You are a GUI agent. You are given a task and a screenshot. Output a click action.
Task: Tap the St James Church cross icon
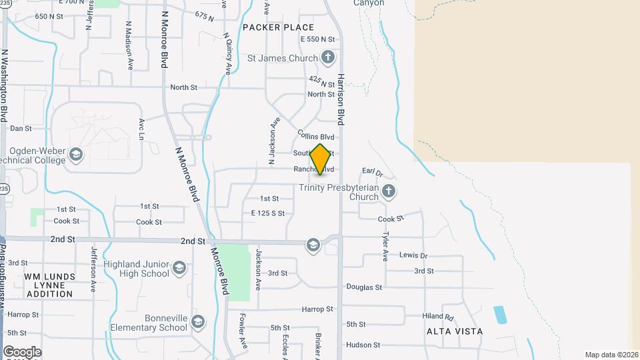point(327,58)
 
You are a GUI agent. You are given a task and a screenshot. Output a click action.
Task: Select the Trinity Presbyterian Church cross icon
point(389,192)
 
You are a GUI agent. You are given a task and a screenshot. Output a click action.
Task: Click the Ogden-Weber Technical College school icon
point(75,155)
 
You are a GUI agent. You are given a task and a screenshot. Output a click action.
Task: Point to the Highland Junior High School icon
point(179,268)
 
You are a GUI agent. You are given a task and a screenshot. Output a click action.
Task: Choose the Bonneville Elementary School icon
point(197,322)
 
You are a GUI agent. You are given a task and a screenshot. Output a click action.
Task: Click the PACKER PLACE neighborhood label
point(278,27)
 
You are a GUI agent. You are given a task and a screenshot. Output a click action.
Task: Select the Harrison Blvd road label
point(340,99)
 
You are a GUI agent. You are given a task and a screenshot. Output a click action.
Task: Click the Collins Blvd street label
point(315,137)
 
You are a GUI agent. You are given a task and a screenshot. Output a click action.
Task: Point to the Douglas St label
point(364,287)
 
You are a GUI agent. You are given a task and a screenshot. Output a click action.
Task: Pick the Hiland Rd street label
point(437,317)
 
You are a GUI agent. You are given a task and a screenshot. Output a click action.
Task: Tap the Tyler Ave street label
point(385,246)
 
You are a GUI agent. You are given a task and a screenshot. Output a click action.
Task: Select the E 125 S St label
point(268,213)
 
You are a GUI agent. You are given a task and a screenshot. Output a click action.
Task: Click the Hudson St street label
point(363,345)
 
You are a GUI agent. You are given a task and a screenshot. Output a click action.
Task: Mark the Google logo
point(22,351)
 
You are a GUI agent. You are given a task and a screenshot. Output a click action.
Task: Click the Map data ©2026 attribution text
point(611,355)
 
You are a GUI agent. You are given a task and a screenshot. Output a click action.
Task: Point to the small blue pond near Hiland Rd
point(499,315)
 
